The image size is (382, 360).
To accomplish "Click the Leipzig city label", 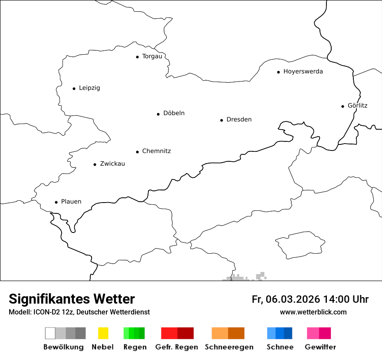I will tap(89, 88).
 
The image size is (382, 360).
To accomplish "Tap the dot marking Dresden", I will tap(221, 120).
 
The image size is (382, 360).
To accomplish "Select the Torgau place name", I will tap(152, 56).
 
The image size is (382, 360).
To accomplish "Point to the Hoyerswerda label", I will tap(303, 72).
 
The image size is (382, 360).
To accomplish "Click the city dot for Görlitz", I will tap(342, 106).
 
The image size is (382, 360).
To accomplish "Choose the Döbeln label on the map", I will tap(174, 113).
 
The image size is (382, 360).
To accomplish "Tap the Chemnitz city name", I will tap(156, 151).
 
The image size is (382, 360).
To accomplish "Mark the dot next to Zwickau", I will tap(95, 164).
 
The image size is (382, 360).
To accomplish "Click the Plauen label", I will tap(71, 202).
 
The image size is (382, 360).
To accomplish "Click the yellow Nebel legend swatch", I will tap(103, 333).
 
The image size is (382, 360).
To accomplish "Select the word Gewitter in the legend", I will tap(320, 347).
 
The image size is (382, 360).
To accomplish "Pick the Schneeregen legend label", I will tap(229, 347).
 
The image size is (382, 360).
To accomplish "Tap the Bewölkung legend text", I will tap(63, 347).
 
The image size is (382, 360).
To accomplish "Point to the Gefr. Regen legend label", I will tap(177, 347).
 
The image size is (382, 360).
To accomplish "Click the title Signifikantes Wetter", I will tap(72, 299).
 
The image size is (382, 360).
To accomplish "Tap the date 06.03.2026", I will tap(293, 299).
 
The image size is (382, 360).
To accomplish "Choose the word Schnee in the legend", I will tap(280, 347).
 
